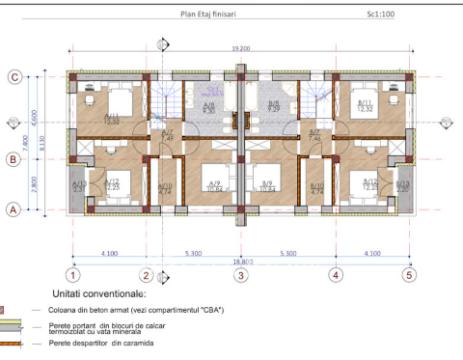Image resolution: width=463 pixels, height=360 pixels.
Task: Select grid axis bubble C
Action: [x=15, y=76]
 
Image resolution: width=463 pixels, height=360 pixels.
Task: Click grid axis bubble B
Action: [x=15, y=157]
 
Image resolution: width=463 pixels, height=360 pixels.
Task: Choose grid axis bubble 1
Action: [x=73, y=273]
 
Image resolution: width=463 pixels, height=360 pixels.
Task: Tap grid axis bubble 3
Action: [x=240, y=273]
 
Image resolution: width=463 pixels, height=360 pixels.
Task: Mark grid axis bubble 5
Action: [x=408, y=273]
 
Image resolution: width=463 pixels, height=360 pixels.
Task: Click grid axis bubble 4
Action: [x=336, y=273]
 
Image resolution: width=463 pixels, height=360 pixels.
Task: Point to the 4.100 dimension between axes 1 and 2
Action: [x=109, y=252]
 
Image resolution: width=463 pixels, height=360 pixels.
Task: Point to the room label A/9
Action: [x=213, y=184]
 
